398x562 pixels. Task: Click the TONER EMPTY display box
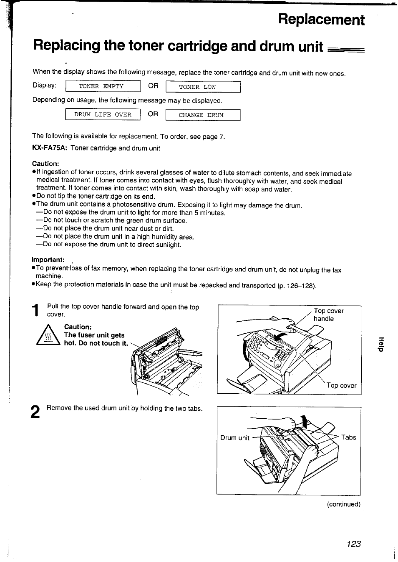point(103,86)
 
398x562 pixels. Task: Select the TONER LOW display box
point(203,87)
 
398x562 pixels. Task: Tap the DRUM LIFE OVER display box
point(103,115)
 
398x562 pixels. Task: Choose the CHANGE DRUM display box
point(203,115)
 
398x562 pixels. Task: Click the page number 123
point(353,544)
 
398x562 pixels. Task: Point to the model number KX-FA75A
point(50,148)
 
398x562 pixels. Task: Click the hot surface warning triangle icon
point(49,336)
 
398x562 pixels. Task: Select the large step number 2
point(36,412)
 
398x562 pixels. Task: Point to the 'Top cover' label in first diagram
point(341,385)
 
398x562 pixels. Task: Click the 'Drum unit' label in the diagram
point(234,437)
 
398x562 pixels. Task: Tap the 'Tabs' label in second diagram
point(348,437)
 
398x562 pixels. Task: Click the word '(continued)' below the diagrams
point(343,504)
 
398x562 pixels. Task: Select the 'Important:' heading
point(48,260)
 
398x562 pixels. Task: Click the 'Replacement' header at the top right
point(321,20)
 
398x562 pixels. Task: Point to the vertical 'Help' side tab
point(380,344)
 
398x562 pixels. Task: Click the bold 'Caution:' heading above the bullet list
point(45,164)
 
